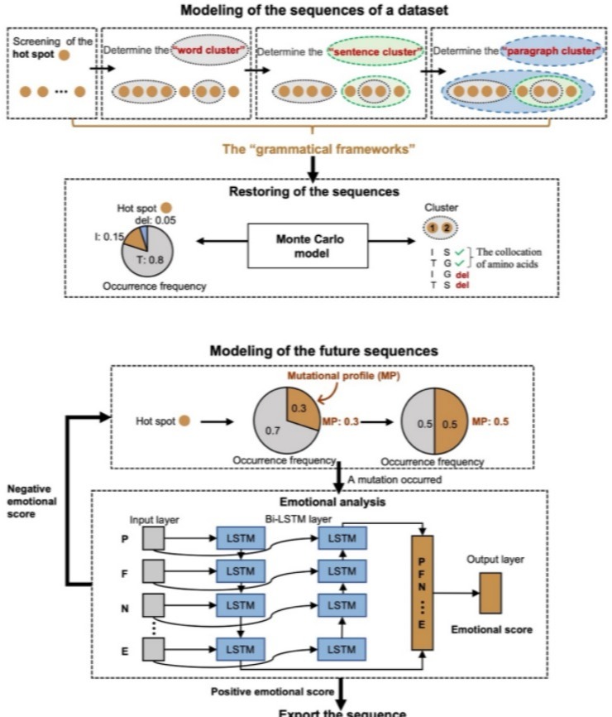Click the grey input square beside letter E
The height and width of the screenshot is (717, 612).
point(154,652)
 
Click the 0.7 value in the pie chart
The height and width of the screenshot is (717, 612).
point(268,429)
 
